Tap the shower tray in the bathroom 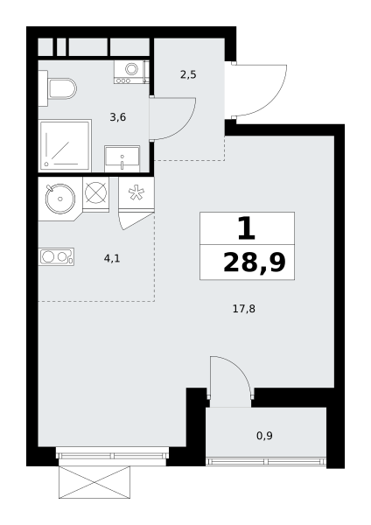tap(65, 145)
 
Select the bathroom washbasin tap(122, 158)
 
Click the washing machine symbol tap(131, 72)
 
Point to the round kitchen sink tap(60, 199)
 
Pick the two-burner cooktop tap(56, 256)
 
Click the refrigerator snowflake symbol tap(136, 193)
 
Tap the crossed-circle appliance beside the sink tap(95, 193)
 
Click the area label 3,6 tap(118, 117)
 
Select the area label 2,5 tap(188, 74)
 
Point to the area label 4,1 tap(112, 258)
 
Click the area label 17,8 tap(244, 309)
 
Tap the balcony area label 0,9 tap(264, 436)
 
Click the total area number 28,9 tap(255, 262)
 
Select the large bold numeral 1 tap(247, 228)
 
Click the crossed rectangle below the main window tap(94, 482)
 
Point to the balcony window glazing tap(266, 462)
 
